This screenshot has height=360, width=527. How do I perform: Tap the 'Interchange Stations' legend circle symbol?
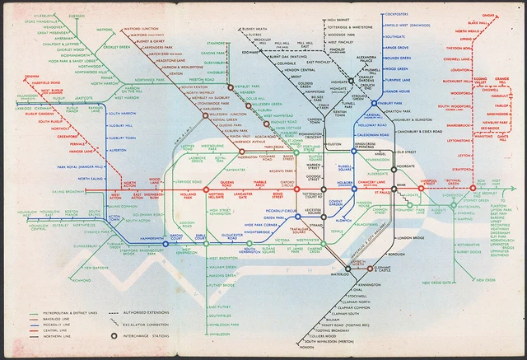[114, 335]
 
